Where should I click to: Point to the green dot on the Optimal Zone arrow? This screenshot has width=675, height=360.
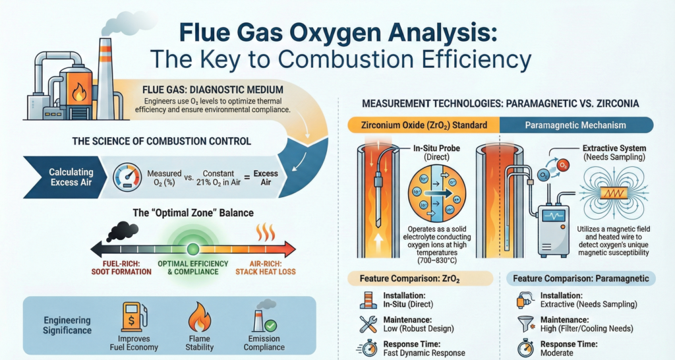point(192,249)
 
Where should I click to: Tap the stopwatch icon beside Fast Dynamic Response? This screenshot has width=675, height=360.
point(367,348)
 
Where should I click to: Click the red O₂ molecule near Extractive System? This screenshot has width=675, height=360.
point(563,164)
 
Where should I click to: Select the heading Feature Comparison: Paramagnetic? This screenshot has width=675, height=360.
point(581,279)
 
